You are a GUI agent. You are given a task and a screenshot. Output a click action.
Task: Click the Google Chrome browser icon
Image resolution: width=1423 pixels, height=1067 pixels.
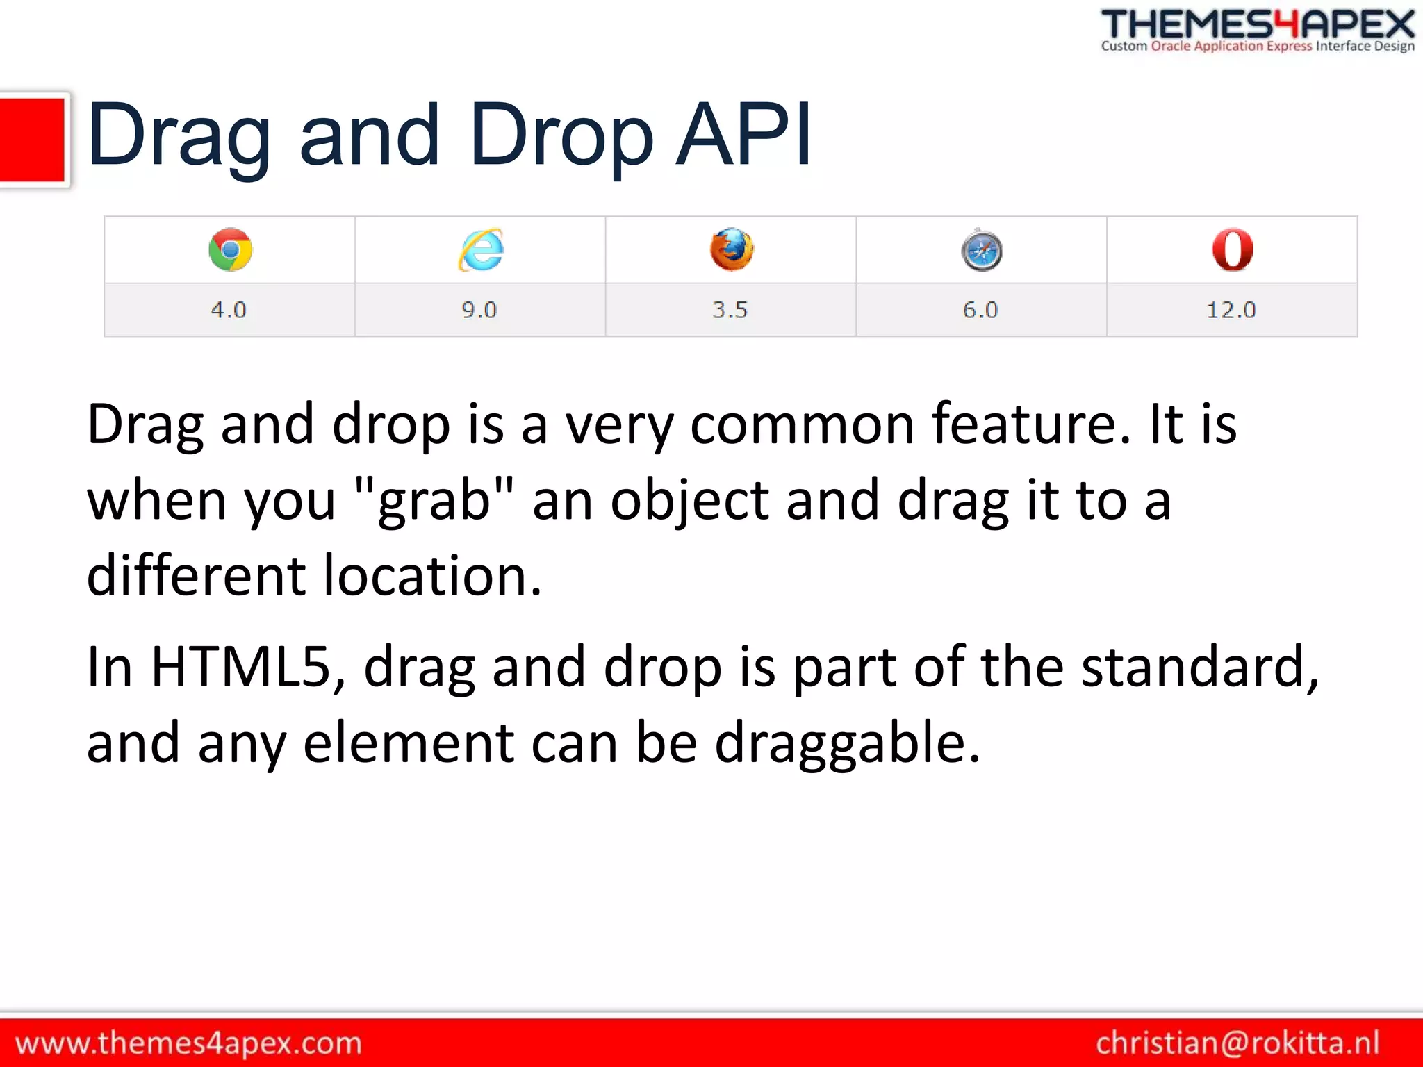click(230, 249)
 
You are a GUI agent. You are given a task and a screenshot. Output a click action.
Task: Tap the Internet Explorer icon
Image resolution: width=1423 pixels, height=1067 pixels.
click(481, 249)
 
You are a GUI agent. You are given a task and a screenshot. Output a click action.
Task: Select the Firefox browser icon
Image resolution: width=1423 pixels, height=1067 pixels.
click(731, 249)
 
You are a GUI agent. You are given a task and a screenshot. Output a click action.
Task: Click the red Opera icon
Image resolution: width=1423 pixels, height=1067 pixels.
click(1232, 249)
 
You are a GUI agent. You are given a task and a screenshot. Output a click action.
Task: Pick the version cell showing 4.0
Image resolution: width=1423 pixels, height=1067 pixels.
click(229, 310)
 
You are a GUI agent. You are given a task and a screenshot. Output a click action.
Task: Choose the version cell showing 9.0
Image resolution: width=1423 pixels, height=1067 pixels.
click(479, 310)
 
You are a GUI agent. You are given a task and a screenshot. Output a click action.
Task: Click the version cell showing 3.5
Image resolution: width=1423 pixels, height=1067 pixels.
click(730, 310)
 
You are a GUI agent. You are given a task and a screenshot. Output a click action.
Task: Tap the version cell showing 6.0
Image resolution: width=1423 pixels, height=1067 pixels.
click(980, 310)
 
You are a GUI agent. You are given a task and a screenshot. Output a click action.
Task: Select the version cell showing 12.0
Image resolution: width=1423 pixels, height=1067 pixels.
click(1231, 310)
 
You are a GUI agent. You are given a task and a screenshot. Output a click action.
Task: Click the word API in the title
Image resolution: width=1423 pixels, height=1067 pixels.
click(743, 135)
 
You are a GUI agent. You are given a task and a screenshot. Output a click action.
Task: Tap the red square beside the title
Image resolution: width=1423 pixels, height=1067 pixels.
click(32, 140)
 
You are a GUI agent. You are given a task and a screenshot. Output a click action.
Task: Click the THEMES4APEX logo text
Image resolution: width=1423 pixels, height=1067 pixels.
click(1258, 25)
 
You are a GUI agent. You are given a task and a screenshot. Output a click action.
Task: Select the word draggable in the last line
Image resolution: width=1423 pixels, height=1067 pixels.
click(847, 743)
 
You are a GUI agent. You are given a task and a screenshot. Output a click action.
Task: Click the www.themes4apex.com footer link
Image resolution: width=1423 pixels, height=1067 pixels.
click(188, 1043)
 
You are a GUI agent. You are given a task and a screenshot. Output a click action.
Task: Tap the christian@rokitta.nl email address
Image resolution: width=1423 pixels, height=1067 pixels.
click(1237, 1043)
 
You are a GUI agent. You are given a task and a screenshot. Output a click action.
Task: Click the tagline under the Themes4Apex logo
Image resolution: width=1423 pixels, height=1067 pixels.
click(1258, 47)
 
